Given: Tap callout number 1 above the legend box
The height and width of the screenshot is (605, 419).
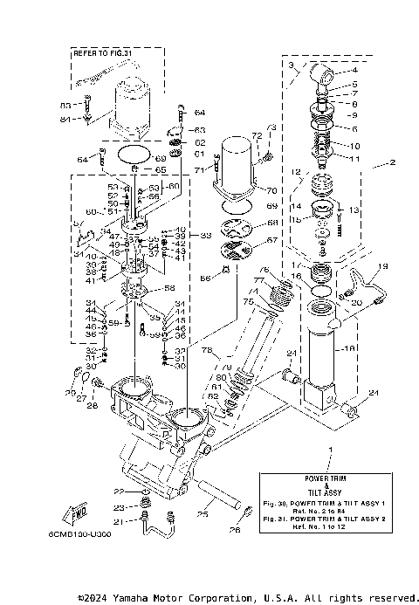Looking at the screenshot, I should click(x=330, y=450).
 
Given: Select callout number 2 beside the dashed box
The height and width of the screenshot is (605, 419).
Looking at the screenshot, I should click(x=392, y=163).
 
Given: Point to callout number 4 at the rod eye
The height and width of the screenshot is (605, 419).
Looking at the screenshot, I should click(x=354, y=70).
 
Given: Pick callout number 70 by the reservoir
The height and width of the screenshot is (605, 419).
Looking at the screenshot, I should click(x=272, y=189).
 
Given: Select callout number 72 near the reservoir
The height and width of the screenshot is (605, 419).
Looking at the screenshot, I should click(x=257, y=137).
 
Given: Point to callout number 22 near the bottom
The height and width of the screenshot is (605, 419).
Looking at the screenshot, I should click(x=118, y=492).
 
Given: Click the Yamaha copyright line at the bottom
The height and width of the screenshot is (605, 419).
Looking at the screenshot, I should click(x=244, y=598).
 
